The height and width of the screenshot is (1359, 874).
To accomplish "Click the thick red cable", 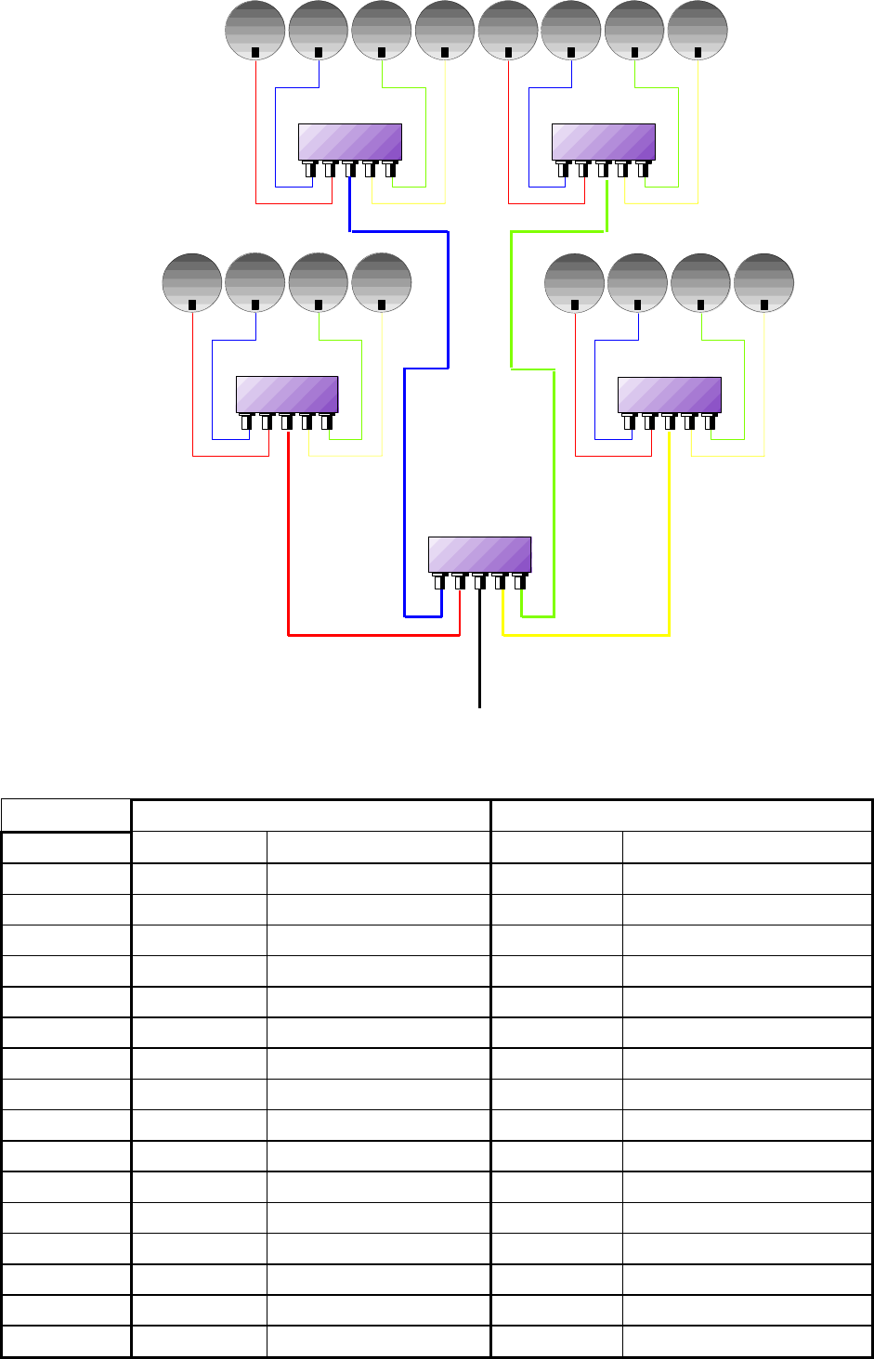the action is (289, 538).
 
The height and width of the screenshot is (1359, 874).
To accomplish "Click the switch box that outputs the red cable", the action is (286, 395).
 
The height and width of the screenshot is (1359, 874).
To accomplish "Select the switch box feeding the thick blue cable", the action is (349, 141).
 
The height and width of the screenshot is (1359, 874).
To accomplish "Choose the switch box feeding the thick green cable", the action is (604, 141).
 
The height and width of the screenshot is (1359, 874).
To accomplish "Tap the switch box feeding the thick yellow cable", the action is (670, 395).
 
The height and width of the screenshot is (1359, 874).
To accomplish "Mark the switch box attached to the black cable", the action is (479, 554).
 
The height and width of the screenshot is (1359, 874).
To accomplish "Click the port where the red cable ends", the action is (459, 583).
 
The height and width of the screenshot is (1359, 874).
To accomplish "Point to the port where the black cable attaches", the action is (479, 583).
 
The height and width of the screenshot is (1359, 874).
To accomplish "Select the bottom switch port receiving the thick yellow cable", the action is (500, 583).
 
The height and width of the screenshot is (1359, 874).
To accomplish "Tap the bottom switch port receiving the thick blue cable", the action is (439, 583).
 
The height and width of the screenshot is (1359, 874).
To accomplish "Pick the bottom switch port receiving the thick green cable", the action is (520, 583).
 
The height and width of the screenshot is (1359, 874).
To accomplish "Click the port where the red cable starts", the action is (287, 422).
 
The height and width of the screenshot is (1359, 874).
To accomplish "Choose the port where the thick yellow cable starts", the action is (669, 422).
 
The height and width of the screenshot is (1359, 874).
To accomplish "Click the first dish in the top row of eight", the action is (255, 30).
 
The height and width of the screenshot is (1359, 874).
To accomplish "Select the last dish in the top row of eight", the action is (698, 30).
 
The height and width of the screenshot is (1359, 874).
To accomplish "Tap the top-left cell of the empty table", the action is (66, 815).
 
